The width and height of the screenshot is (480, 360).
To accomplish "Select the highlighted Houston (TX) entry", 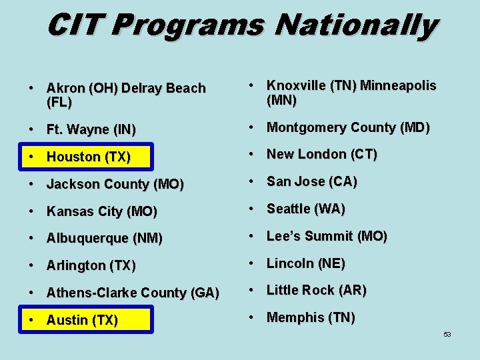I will [88, 157].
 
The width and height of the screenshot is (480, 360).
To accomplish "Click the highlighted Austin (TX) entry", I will [82, 320].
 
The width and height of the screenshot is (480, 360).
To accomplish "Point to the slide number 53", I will [447, 334].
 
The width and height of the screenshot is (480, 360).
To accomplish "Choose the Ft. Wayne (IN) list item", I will [91, 130].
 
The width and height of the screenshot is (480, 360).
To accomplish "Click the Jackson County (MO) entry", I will [115, 184].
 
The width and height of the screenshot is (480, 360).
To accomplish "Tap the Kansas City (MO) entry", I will [101, 211].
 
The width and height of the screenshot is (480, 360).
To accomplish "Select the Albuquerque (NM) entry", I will [104, 238].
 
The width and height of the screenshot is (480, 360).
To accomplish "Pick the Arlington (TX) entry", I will [91, 265].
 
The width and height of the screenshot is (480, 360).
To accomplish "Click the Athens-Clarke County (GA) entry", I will [133, 293].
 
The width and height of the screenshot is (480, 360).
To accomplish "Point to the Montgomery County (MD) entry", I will [348, 127].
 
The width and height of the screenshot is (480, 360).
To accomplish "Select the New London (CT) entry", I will [321, 154].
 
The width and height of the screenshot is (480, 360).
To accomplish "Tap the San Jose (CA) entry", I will [311, 181].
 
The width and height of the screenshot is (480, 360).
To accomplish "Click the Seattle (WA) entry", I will [305, 209].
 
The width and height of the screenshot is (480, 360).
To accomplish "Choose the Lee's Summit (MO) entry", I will [327, 236].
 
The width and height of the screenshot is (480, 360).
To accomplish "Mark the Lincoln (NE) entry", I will [305, 263].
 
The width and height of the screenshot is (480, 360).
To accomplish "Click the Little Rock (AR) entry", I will [316, 290].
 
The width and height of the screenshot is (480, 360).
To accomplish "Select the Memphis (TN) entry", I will [311, 317].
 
